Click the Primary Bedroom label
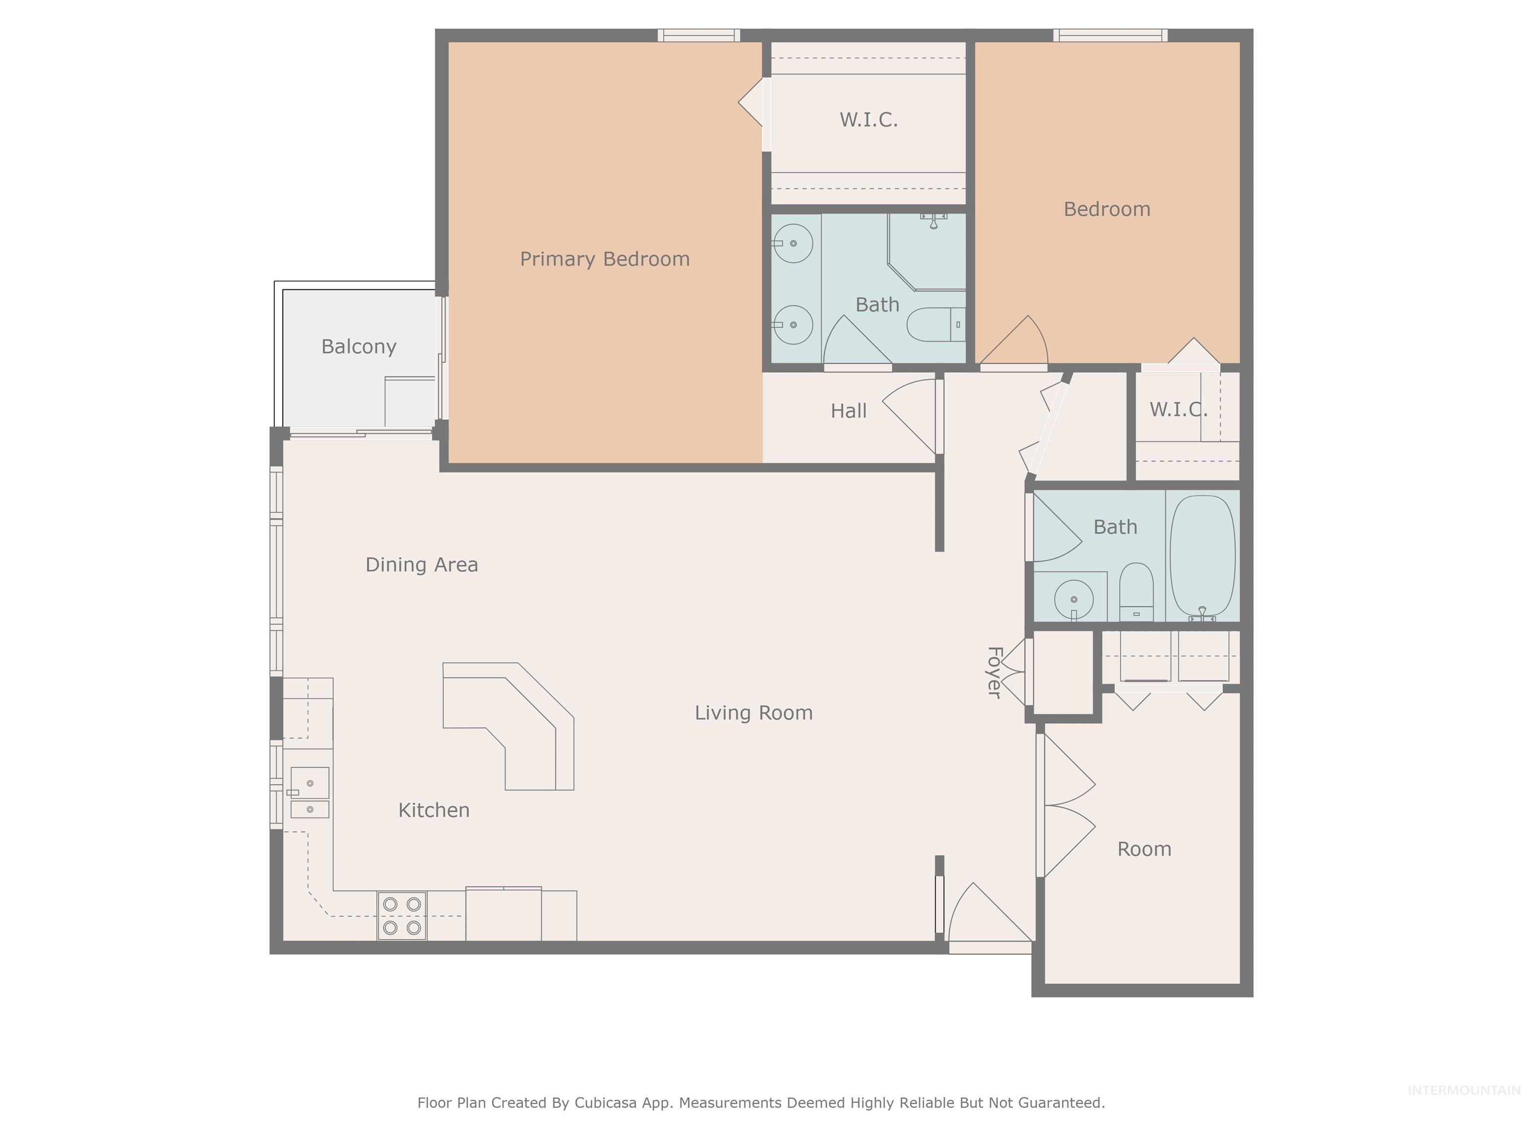[604, 260]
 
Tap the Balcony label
[359, 346]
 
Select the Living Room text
[753, 712]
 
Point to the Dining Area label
[421, 565]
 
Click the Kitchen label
[434, 810]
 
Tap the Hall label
[848, 411]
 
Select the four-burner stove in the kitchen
[402, 915]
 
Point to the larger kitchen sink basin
[310, 783]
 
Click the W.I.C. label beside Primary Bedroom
[868, 120]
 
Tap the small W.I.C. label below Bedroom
[1178, 409]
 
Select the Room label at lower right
[1144, 850]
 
